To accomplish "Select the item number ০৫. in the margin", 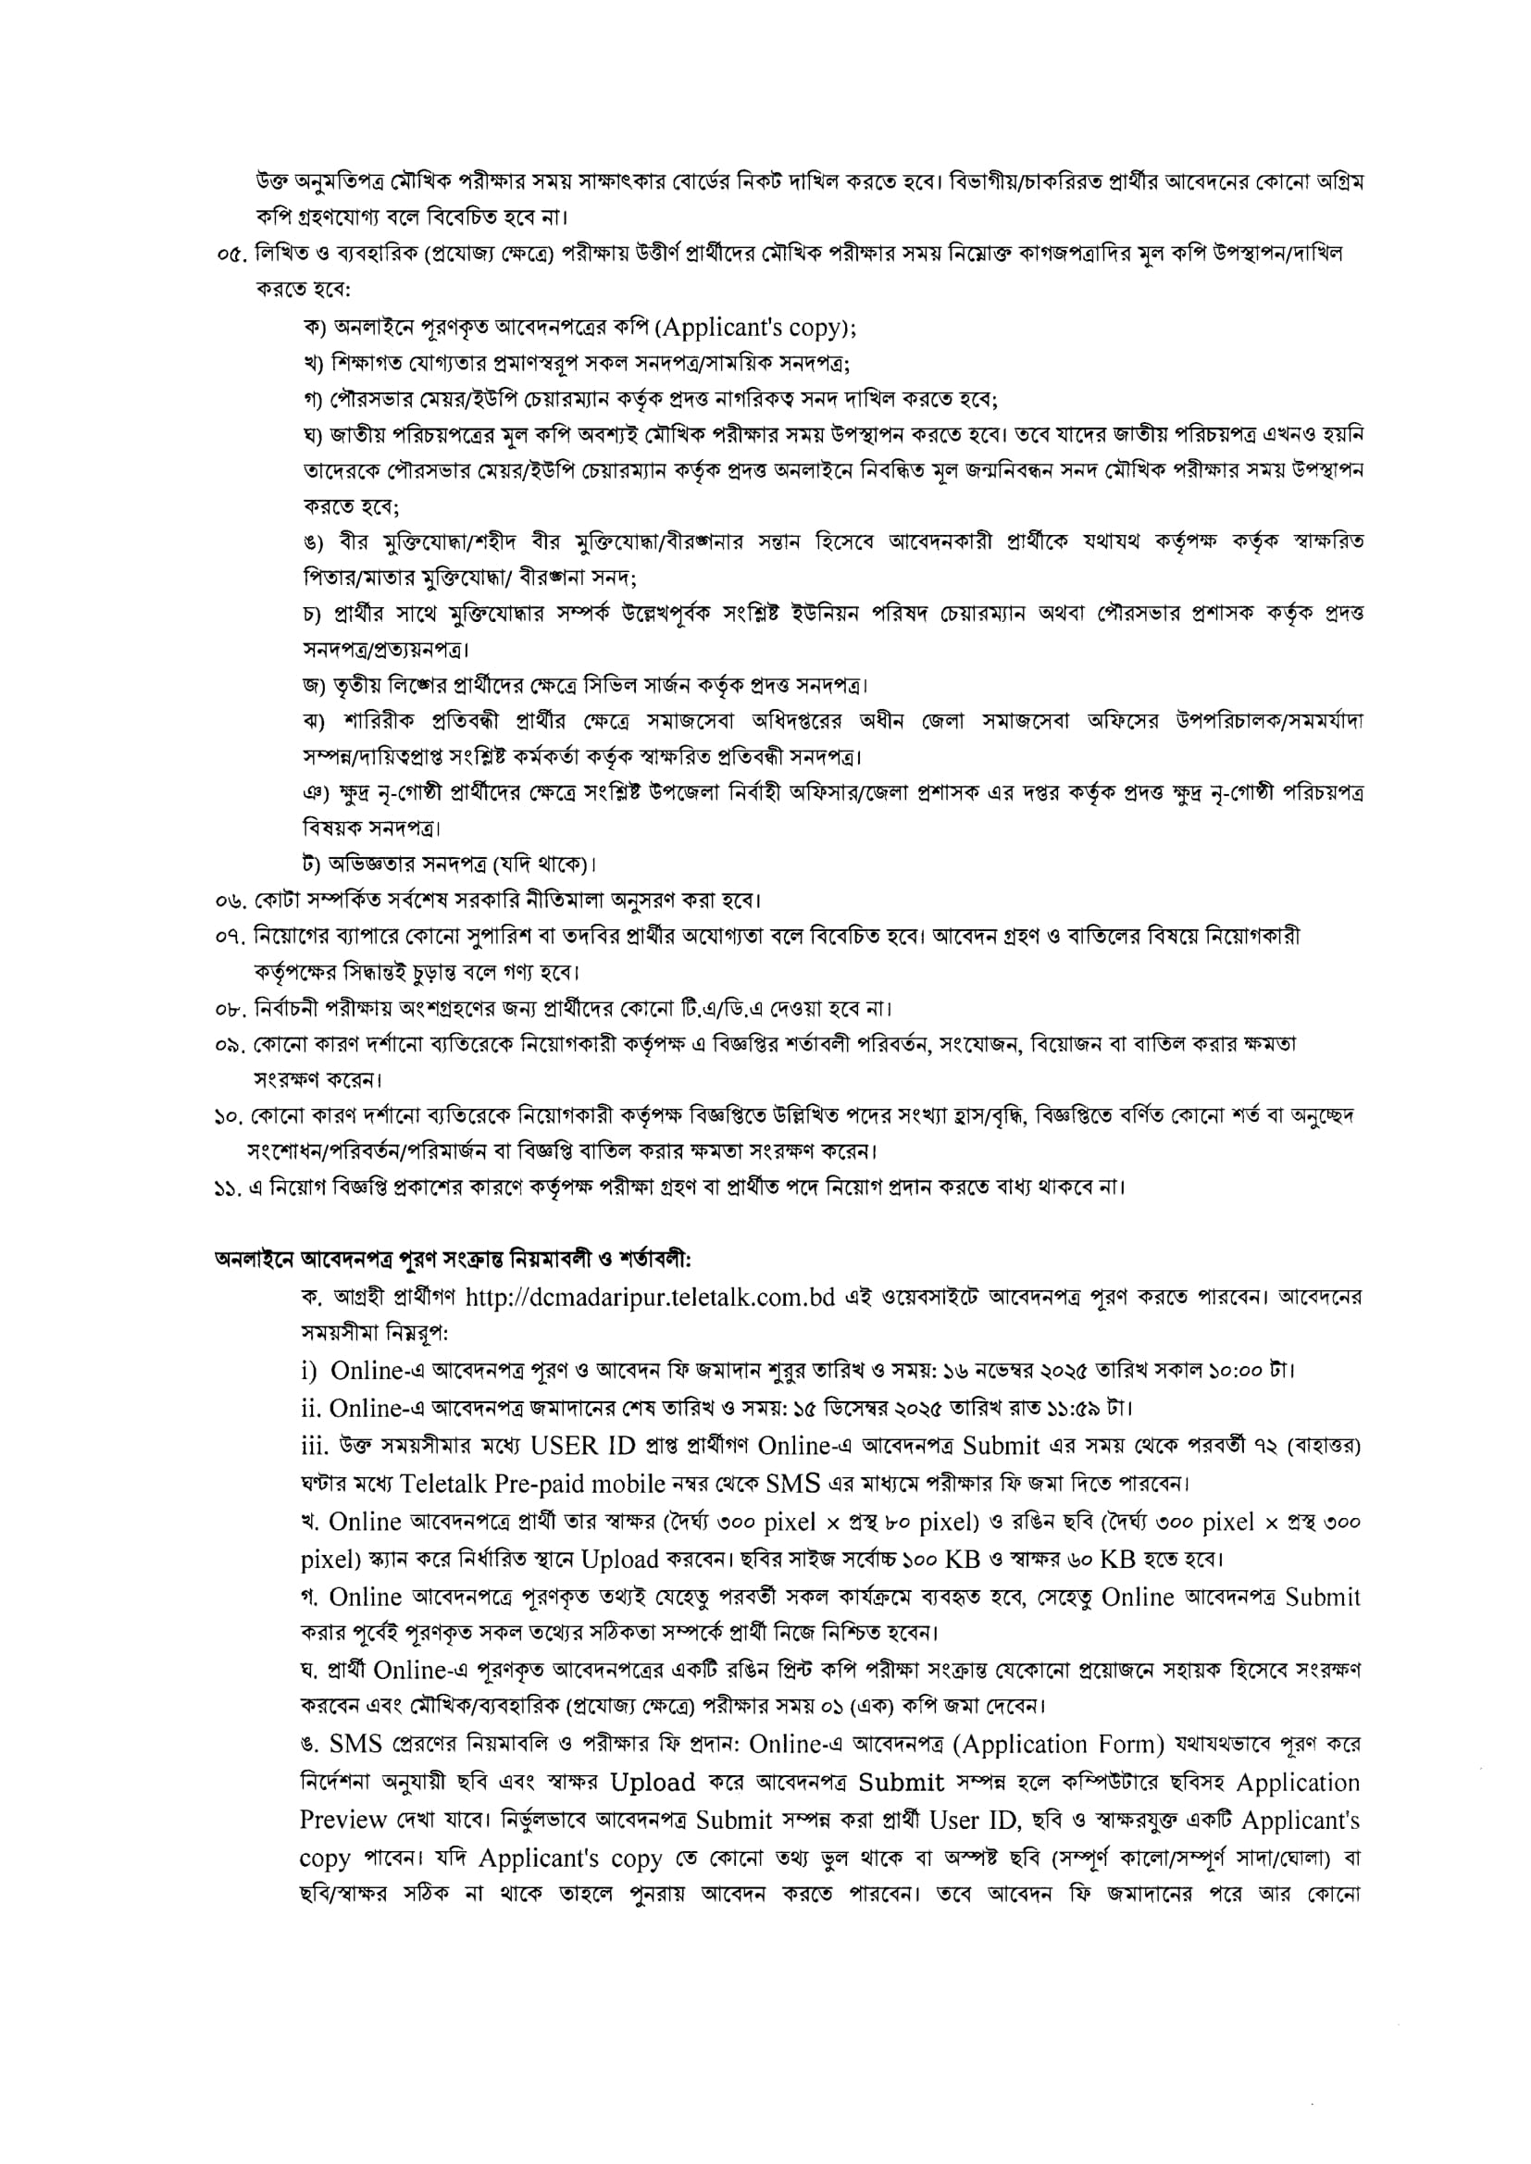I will [230, 255].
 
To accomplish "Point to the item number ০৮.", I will [230, 1010].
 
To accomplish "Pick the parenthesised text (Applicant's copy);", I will [756, 328].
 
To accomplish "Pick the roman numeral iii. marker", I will [316, 1447].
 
